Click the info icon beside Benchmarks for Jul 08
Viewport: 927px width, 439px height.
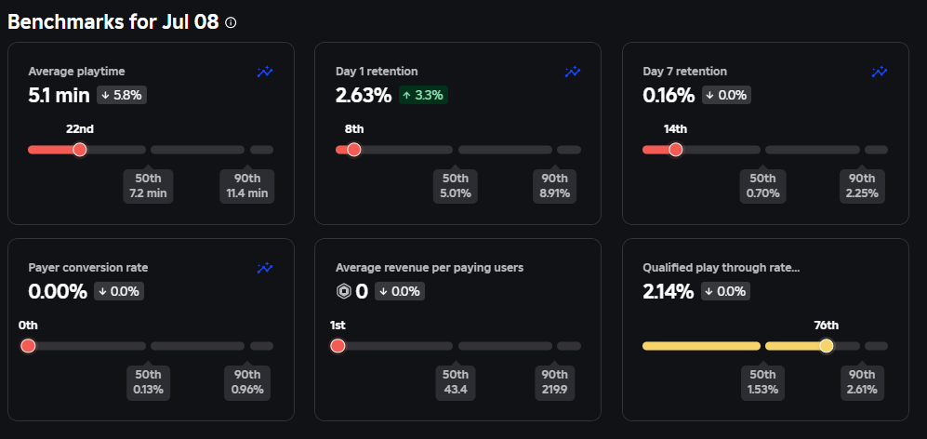pyautogui.click(x=232, y=22)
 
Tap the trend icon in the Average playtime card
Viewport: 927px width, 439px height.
pyautogui.click(x=265, y=72)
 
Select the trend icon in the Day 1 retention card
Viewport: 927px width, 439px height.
pyautogui.click(x=573, y=72)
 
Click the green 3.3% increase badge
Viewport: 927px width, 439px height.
pyautogui.click(x=423, y=95)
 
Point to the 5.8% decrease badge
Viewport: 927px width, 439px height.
pyautogui.click(x=120, y=95)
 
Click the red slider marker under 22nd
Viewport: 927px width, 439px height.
pyautogui.click(x=80, y=149)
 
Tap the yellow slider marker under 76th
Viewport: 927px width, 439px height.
pyautogui.click(x=826, y=345)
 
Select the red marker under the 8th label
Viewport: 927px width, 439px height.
pyautogui.click(x=353, y=149)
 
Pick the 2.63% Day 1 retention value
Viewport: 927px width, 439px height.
pyautogui.click(x=364, y=95)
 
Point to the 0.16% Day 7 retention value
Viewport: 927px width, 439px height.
pyautogui.click(x=669, y=95)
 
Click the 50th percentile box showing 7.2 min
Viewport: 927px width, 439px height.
pyautogui.click(x=147, y=186)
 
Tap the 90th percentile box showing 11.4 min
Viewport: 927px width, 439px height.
pyautogui.click(x=247, y=186)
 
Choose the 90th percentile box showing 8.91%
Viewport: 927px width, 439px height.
pyautogui.click(x=555, y=186)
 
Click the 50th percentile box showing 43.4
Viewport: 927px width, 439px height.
pyautogui.click(x=455, y=382)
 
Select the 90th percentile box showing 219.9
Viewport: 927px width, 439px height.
pyautogui.click(x=555, y=382)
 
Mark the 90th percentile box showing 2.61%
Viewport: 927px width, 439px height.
pyautogui.click(x=862, y=382)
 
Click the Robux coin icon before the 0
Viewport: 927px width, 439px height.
pyautogui.click(x=343, y=291)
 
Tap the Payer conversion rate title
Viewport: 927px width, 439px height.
pyautogui.click(x=88, y=267)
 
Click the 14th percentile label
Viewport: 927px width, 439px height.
pyautogui.click(x=675, y=129)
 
